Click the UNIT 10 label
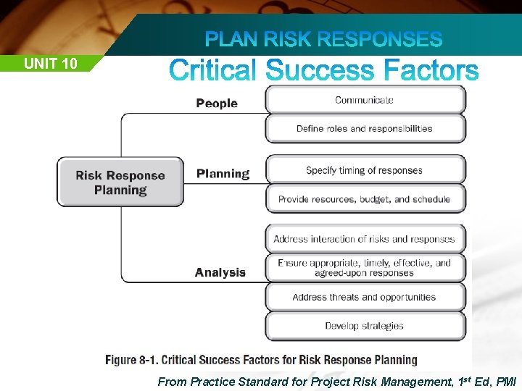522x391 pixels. point(50,64)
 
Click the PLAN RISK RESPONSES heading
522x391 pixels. point(323,39)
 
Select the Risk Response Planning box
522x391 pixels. point(120,182)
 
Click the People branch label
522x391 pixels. point(217,104)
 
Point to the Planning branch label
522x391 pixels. point(223,174)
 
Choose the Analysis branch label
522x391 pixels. point(220,273)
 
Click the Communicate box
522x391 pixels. point(365,100)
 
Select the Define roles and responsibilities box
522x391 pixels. point(365,129)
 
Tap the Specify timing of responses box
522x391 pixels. point(365,171)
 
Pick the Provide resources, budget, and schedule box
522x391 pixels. point(365,199)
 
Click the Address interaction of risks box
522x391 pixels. point(365,239)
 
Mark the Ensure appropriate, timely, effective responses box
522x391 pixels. point(365,268)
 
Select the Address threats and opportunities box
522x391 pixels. point(365,297)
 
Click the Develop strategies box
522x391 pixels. point(365,326)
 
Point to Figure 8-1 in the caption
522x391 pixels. point(130,360)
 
